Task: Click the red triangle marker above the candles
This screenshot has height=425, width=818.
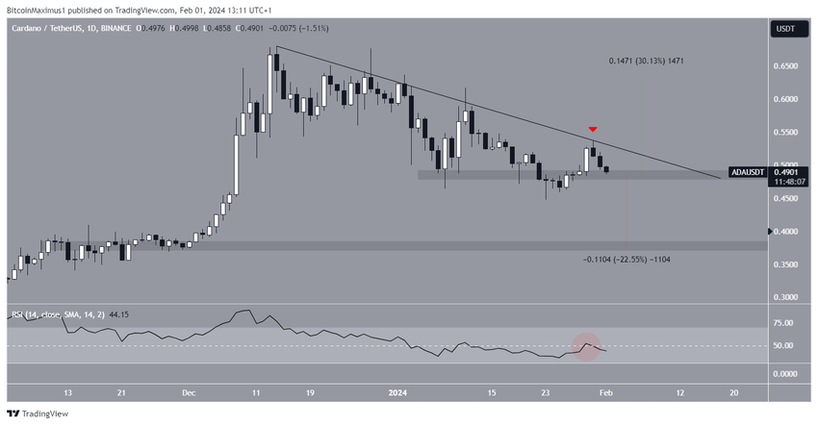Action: [594, 129]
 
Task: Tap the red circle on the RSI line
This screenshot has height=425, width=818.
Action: [587, 344]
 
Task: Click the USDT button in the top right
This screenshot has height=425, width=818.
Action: [784, 30]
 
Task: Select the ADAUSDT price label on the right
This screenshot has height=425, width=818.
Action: [748, 172]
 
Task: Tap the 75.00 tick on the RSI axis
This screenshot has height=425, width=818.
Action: [785, 324]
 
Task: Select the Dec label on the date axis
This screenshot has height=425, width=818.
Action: [190, 393]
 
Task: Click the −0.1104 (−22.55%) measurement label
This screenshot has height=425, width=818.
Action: [627, 260]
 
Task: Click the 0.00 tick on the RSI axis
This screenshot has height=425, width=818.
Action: [785, 373]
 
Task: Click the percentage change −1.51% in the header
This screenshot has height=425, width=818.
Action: [285, 29]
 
